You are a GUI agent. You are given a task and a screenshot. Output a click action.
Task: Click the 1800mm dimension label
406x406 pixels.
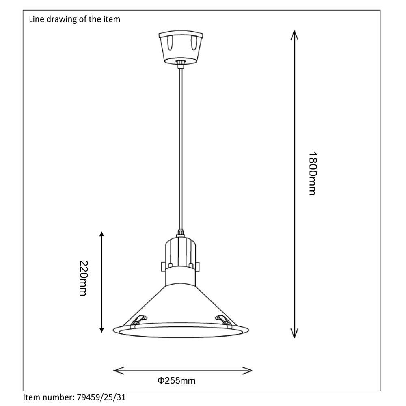(x=312, y=174)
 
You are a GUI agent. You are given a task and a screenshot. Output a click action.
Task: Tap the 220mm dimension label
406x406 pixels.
(x=83, y=278)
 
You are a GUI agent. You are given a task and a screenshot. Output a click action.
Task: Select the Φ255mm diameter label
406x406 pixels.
(x=177, y=380)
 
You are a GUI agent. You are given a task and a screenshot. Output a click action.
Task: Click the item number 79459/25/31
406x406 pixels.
(x=102, y=397)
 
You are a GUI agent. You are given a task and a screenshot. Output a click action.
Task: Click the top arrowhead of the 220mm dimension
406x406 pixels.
(x=101, y=234)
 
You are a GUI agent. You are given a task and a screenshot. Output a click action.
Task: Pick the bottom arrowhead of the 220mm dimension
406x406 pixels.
(x=101, y=330)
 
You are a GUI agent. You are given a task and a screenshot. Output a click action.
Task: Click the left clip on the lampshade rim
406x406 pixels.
(x=138, y=321)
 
